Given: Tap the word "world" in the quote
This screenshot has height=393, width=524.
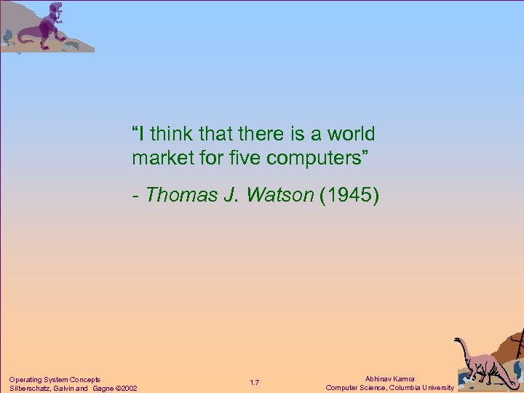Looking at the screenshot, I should pyautogui.click(x=351, y=134).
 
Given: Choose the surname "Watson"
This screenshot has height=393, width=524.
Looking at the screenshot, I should pyautogui.click(x=281, y=195).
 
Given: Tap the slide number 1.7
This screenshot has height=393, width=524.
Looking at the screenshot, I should pyautogui.click(x=255, y=383).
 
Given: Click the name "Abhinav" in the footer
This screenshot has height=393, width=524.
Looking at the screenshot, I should pyautogui.click(x=379, y=379).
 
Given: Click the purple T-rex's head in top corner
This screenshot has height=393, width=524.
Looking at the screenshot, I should pyautogui.click(x=54, y=9).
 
